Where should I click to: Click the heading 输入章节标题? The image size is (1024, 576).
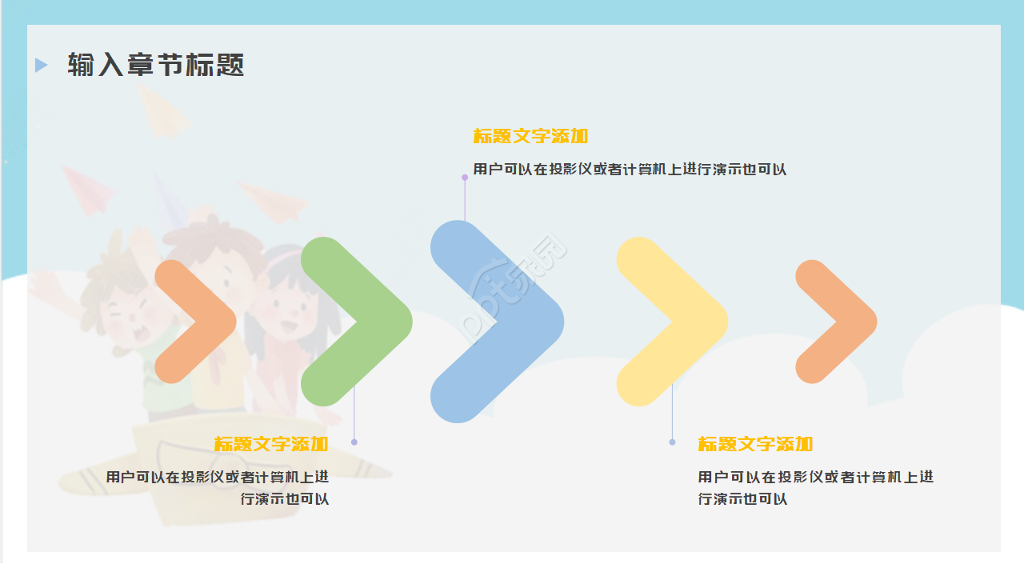156,65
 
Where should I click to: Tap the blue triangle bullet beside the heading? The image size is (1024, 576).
41,65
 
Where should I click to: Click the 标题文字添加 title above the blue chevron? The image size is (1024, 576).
530,136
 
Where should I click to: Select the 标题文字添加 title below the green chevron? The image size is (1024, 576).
271,444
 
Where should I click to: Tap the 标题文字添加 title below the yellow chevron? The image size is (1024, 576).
755,444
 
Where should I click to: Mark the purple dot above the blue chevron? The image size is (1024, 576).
465,178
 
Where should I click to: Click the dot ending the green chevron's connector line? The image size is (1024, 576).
354,442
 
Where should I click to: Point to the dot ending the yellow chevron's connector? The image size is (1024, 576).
672,442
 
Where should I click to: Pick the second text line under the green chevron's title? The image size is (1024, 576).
285,499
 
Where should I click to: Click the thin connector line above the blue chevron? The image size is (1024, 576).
465,200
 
